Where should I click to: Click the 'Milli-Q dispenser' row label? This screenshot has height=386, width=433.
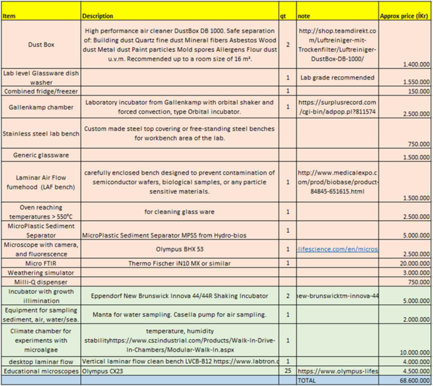pos(40,282)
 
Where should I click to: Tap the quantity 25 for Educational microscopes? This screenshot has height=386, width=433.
pos(288,371)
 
